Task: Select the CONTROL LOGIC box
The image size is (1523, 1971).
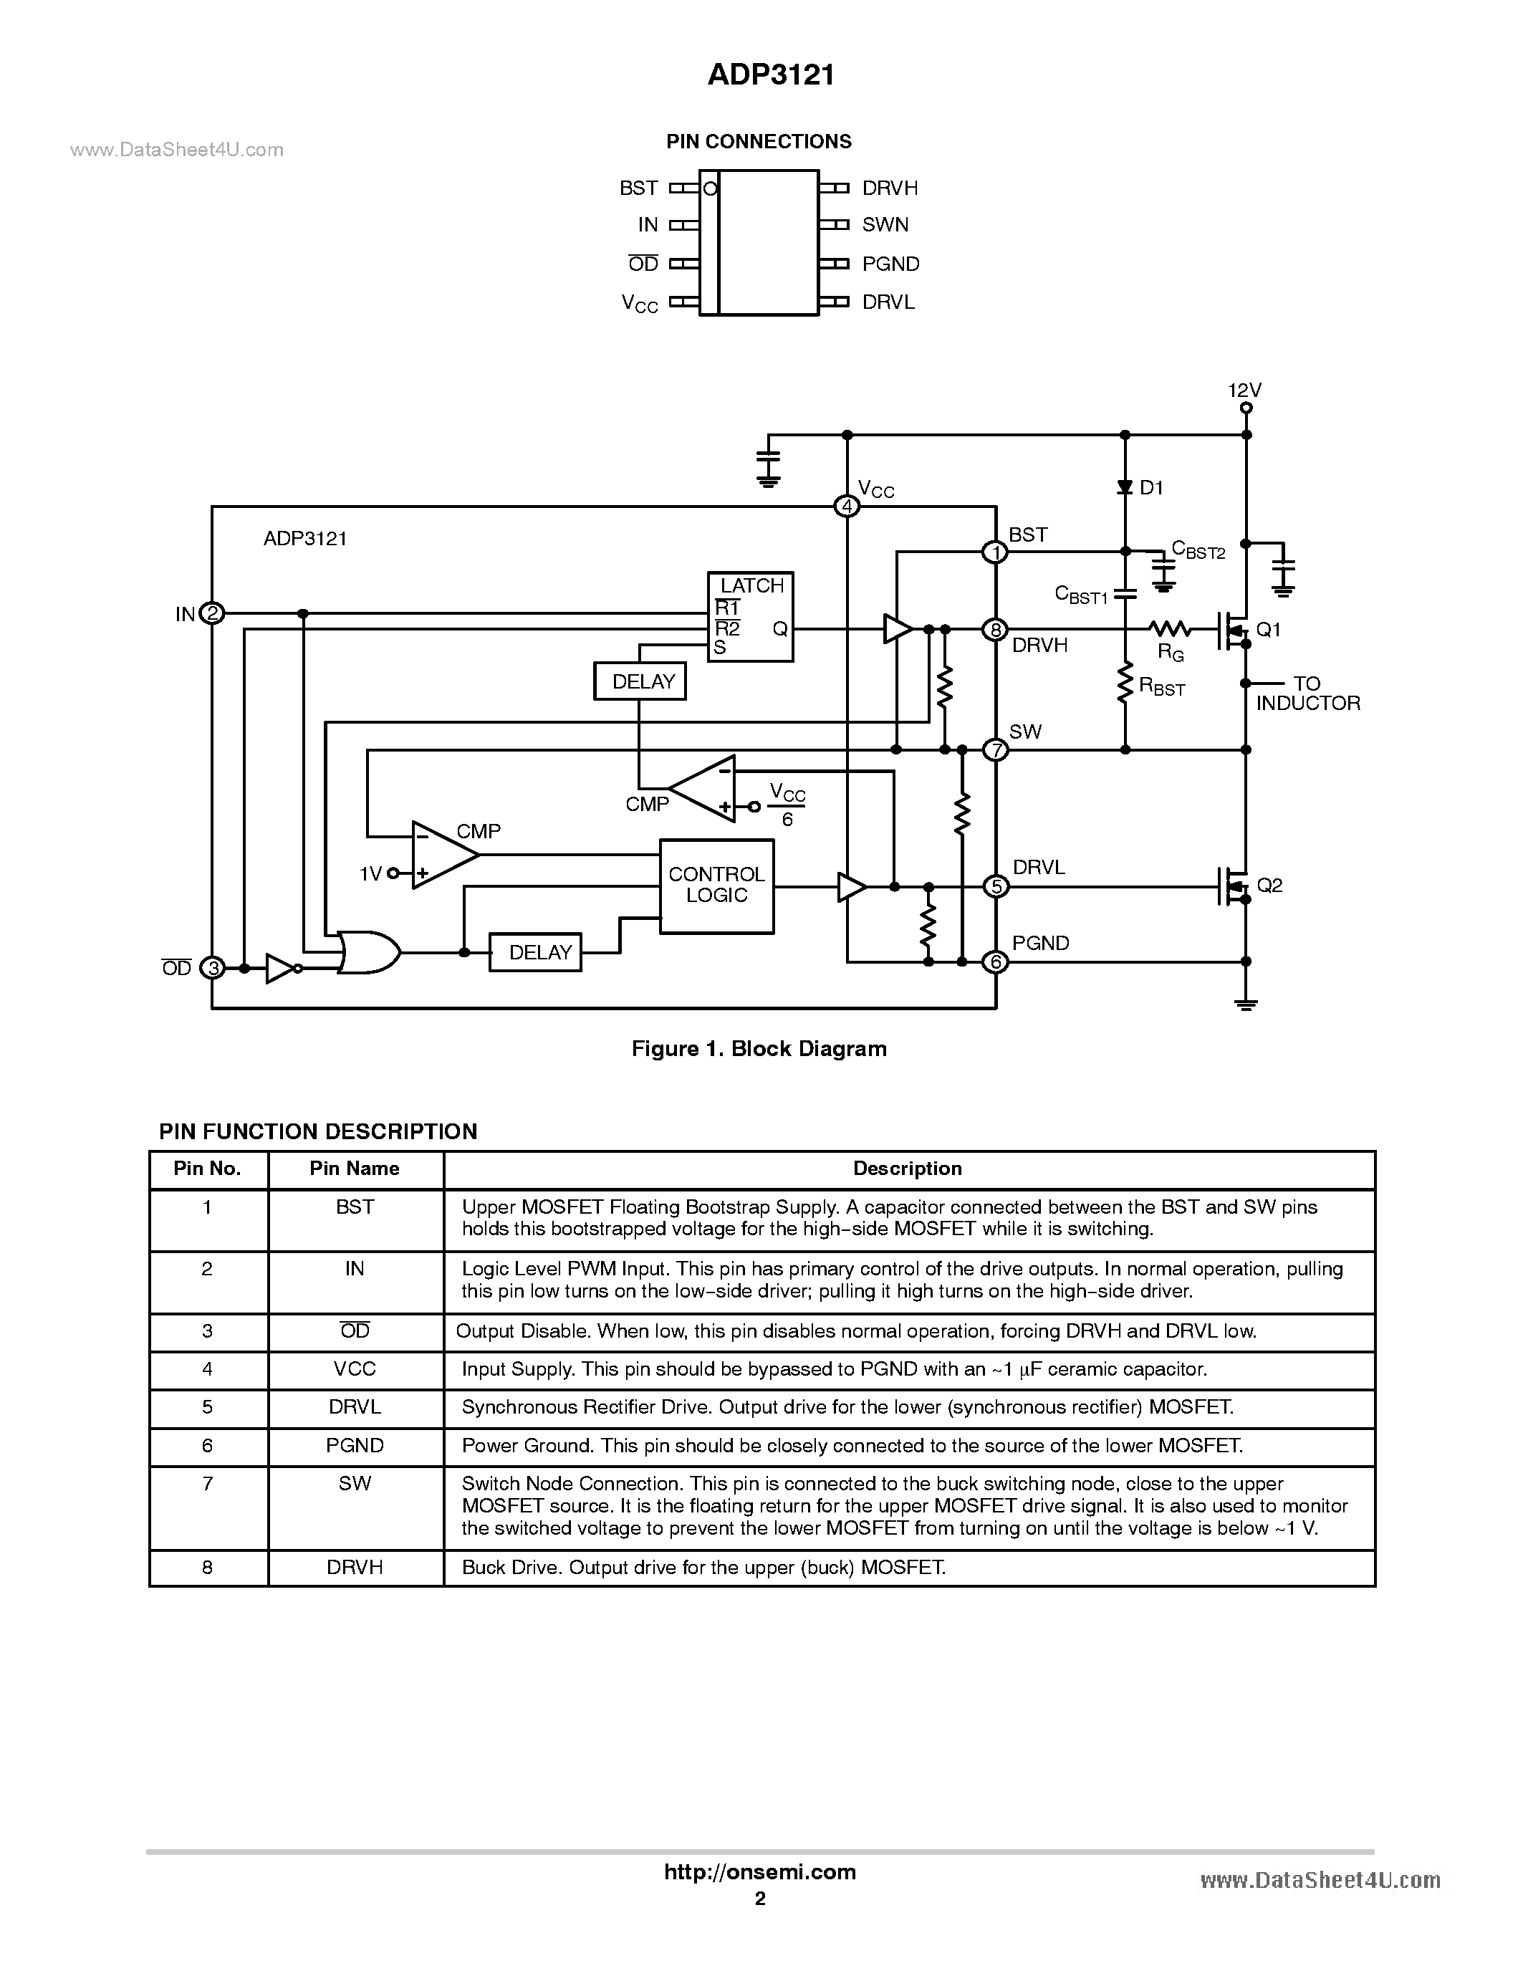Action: point(716,886)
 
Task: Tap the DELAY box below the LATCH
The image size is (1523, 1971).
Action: point(640,681)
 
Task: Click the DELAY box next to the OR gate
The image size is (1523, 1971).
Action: point(535,952)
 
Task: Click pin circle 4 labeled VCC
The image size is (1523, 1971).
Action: point(846,507)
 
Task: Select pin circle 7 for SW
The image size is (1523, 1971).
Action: point(995,750)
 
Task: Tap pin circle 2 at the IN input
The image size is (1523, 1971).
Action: point(211,614)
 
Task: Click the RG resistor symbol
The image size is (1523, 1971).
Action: point(1169,629)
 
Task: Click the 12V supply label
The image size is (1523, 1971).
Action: point(1244,390)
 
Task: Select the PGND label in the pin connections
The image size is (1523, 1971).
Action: point(890,264)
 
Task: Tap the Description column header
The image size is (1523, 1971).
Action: point(908,1169)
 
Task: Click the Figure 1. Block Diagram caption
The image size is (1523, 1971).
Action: point(759,1049)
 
